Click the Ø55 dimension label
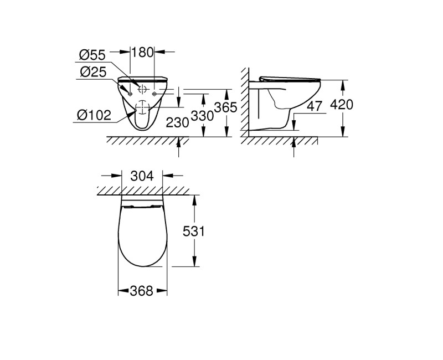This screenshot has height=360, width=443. [x=92, y=55]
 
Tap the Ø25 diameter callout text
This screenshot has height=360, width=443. [x=92, y=72]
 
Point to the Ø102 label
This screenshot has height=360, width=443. [x=94, y=115]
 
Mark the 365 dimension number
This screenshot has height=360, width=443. [x=225, y=107]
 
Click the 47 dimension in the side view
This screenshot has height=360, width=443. [x=315, y=106]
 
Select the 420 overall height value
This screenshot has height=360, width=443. [x=340, y=104]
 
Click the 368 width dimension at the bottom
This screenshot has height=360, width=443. [x=142, y=291]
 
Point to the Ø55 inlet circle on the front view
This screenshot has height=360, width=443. [x=142, y=88]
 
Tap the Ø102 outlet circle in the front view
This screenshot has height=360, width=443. [x=142, y=107]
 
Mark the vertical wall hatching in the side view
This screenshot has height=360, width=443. [x=243, y=102]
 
